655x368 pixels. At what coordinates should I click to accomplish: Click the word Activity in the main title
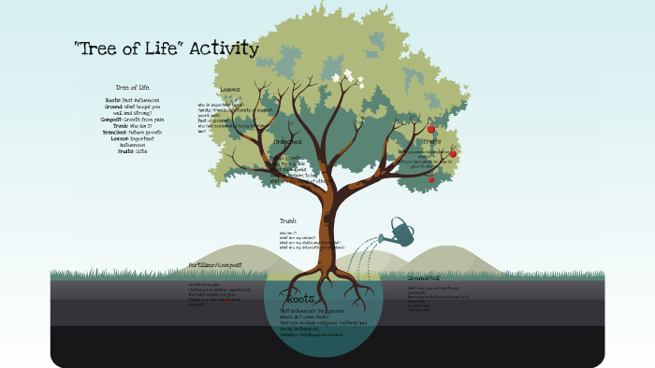point(224,49)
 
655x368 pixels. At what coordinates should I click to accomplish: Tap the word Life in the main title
point(165,49)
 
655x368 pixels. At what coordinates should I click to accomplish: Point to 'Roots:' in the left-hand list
point(113,99)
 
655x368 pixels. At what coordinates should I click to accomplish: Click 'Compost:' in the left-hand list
point(112,120)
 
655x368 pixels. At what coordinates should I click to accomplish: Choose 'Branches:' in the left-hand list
point(114,133)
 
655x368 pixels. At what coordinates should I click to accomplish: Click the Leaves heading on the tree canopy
point(229,90)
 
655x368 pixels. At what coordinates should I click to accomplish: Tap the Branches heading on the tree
point(287,142)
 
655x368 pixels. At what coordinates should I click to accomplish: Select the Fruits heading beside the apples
point(431,141)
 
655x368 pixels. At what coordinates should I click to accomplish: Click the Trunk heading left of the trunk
point(287,220)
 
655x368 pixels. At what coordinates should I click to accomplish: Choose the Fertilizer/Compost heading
point(215,265)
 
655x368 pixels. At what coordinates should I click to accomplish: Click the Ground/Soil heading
point(424,278)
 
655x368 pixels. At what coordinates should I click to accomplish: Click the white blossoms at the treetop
point(347,78)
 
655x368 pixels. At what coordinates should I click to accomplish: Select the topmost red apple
point(431,129)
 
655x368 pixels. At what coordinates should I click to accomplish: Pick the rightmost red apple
point(453,153)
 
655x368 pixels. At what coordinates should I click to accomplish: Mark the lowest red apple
point(431,178)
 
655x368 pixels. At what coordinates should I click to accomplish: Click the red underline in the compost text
point(227,301)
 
